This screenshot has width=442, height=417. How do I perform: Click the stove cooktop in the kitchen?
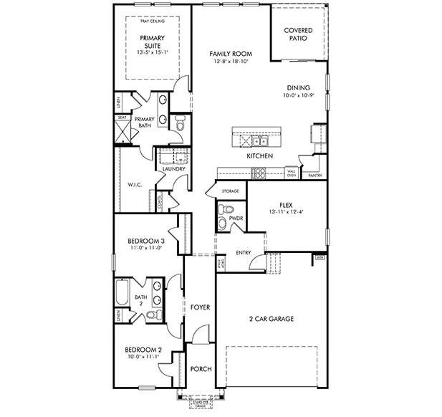(259, 172)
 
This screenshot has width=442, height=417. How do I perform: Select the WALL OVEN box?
(292, 173)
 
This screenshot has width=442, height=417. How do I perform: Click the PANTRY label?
(314, 174)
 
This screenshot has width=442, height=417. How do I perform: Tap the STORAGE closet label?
(230, 191)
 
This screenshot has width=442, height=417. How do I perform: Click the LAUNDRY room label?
(174, 169)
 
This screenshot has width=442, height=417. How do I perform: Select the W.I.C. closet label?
(135, 184)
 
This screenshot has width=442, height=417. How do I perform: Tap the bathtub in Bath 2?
(122, 292)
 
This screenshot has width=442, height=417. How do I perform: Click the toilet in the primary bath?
(180, 125)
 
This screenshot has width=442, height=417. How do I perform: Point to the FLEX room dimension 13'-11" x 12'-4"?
(287, 211)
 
